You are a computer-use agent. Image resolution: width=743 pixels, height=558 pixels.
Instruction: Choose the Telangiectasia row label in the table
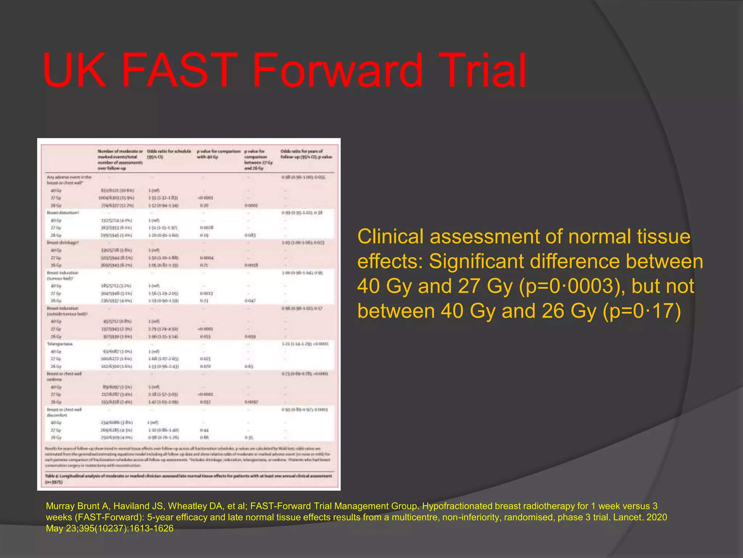59,344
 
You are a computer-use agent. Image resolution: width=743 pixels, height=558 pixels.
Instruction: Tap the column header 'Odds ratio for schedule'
169,151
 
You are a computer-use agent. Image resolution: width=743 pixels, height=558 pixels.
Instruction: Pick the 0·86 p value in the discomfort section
204,437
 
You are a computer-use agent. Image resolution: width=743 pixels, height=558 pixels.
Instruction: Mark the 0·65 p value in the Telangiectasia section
249,367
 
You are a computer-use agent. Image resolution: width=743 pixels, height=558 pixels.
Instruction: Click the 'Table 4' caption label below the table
52,476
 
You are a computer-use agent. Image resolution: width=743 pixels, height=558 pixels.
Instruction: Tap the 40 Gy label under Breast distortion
56,221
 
